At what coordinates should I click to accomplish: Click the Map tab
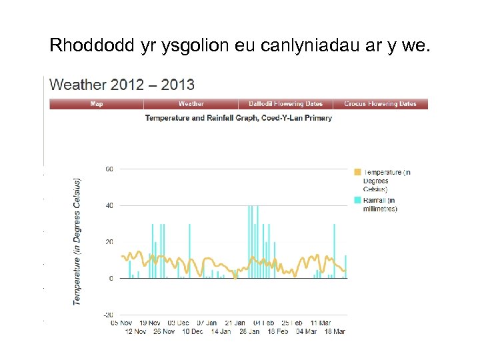97,104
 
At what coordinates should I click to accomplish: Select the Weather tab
191,104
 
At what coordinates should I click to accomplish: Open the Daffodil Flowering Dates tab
285,104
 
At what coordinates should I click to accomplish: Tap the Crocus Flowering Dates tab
380,104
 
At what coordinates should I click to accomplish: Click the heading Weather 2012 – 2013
122,85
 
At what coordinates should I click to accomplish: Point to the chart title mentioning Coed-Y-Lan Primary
238,118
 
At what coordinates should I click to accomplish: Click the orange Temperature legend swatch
357,172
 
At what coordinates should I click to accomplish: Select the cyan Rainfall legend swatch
357,200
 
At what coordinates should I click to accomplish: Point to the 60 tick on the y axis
109,169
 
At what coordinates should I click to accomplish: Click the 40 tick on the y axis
109,205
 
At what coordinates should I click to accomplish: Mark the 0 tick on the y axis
111,278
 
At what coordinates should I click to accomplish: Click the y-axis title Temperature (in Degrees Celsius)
77,241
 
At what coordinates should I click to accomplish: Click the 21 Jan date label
235,323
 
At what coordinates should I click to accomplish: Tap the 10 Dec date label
193,331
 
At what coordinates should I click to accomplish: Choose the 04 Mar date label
306,331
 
